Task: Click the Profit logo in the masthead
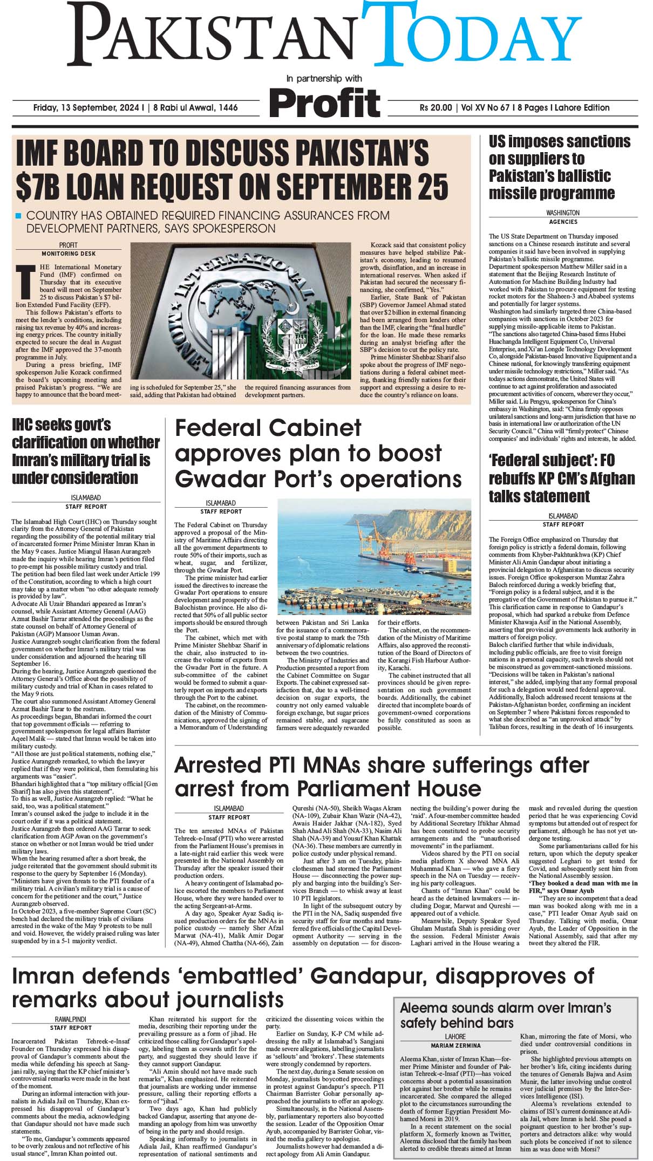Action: [x=325, y=102]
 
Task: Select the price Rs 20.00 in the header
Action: [x=436, y=108]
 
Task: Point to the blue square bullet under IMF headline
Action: [x=18, y=216]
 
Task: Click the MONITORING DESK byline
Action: [x=69, y=253]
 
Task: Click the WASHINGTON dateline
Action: [x=563, y=213]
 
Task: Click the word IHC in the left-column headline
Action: [x=28, y=425]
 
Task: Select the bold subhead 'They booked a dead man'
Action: [x=583, y=883]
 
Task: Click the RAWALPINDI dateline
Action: [x=71, y=1019]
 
